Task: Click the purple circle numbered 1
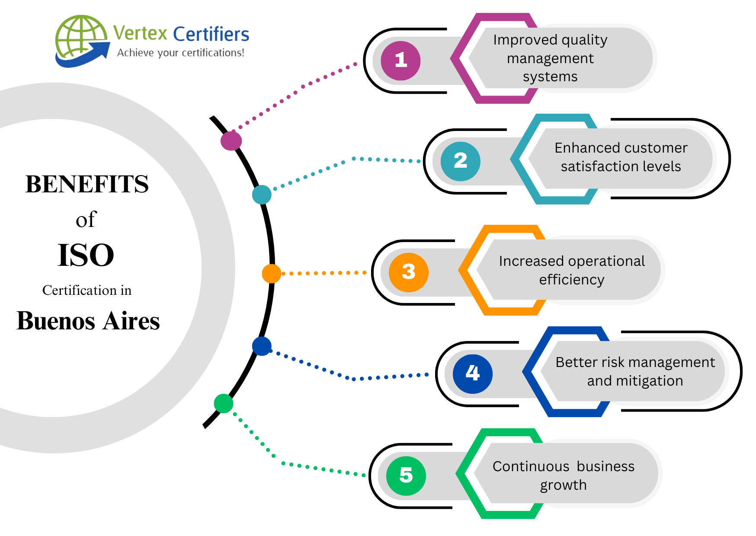pyautogui.click(x=400, y=61)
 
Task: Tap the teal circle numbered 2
pyautogui.click(x=460, y=161)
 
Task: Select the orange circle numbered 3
pyautogui.click(x=408, y=272)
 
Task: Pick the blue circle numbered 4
pyautogui.click(x=472, y=373)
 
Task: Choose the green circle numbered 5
pyautogui.click(x=406, y=475)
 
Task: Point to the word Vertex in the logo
pyautogui.click(x=140, y=33)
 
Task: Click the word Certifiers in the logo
pyautogui.click(x=211, y=34)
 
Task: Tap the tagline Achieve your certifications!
pyautogui.click(x=181, y=53)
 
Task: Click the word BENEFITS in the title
pyautogui.click(x=87, y=184)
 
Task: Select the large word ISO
pyautogui.click(x=86, y=255)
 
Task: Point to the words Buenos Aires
pyautogui.click(x=88, y=321)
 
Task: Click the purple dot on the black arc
pyautogui.click(x=231, y=140)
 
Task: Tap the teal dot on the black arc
pyautogui.click(x=262, y=195)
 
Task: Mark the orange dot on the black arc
pyautogui.click(x=271, y=274)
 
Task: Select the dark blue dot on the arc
pyautogui.click(x=262, y=346)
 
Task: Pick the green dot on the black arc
pyautogui.click(x=224, y=403)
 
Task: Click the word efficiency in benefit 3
pyautogui.click(x=571, y=280)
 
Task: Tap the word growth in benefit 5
pyautogui.click(x=563, y=485)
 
